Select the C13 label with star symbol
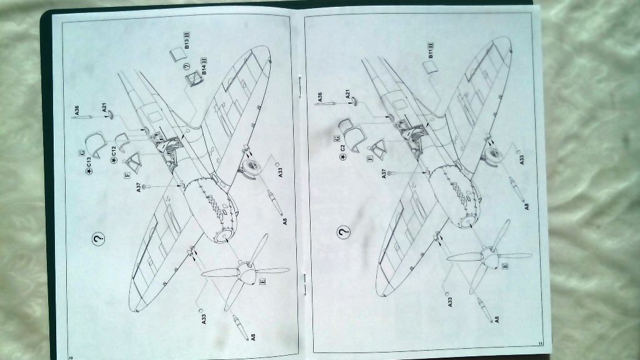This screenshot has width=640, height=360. click(x=89, y=162)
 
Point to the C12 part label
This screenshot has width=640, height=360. click(x=114, y=152)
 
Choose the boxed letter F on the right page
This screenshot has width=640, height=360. click(x=371, y=159)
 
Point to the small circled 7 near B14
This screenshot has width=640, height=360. click(x=186, y=67)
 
